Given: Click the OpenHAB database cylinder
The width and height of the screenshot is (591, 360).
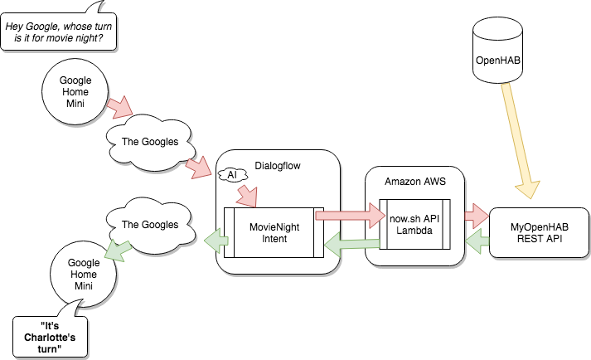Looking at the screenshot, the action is pyautogui.click(x=497, y=50).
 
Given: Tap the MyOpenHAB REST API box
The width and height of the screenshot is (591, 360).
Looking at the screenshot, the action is pyautogui.click(x=539, y=232).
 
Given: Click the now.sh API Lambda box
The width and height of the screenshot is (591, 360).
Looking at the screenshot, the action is pyautogui.click(x=414, y=224).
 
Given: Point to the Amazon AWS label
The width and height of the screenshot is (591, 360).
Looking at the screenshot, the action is pyautogui.click(x=415, y=182).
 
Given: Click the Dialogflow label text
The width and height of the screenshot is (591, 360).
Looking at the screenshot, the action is pyautogui.click(x=278, y=166).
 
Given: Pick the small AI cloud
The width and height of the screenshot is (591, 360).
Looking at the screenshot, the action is pyautogui.click(x=233, y=175).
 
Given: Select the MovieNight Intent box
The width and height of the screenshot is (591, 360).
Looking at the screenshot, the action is pyautogui.click(x=274, y=232).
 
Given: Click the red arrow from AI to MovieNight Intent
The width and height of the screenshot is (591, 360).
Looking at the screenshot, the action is pyautogui.click(x=247, y=196).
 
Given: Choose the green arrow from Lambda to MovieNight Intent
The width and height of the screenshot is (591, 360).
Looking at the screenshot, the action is pyautogui.click(x=352, y=245).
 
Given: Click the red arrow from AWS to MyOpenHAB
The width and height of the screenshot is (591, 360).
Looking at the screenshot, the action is pyautogui.click(x=477, y=216).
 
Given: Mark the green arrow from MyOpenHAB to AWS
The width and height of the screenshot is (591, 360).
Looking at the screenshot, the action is pyautogui.click(x=477, y=241).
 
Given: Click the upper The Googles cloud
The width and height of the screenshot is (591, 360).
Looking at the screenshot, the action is pyautogui.click(x=150, y=143).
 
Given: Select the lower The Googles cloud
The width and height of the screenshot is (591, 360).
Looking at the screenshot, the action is pyautogui.click(x=150, y=226).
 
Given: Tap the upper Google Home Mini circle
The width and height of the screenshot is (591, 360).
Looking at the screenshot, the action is pyautogui.click(x=75, y=91).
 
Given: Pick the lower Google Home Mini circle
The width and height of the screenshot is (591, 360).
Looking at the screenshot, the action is pyautogui.click(x=83, y=274).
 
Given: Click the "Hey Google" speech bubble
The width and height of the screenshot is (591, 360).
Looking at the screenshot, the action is pyautogui.click(x=58, y=29).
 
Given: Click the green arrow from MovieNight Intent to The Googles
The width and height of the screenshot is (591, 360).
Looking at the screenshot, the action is pyautogui.click(x=216, y=241).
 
